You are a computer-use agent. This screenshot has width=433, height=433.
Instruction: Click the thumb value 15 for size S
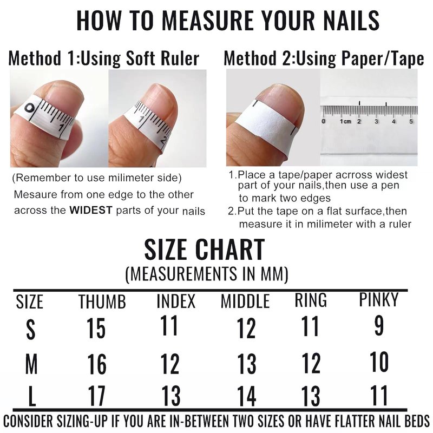(x=96, y=328)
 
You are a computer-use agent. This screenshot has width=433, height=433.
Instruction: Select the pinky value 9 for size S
(x=379, y=326)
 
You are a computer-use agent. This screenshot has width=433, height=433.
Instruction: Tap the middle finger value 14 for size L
(x=247, y=396)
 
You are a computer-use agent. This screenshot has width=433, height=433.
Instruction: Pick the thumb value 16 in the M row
(x=97, y=363)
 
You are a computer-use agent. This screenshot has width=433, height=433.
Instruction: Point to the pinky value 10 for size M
(x=379, y=362)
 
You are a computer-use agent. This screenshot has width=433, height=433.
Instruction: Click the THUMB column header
(x=102, y=301)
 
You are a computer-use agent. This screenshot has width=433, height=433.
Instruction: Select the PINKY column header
(x=378, y=299)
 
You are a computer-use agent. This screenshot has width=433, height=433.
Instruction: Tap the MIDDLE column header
(x=245, y=301)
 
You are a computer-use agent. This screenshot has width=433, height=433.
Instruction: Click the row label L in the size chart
(x=32, y=396)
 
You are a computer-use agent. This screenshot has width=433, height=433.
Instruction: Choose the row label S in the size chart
(x=31, y=329)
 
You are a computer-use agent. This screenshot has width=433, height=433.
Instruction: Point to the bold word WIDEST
(x=91, y=210)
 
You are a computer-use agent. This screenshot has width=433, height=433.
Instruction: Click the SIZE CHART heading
(x=205, y=250)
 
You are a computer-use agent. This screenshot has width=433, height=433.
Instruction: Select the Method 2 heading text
(x=324, y=58)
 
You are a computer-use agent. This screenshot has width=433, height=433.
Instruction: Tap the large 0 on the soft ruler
(x=29, y=108)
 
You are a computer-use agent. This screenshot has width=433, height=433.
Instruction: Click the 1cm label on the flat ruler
(x=345, y=121)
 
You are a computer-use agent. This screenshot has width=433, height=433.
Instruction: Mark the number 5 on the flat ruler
(x=411, y=121)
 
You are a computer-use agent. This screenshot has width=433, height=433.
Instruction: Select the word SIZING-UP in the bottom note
(x=82, y=422)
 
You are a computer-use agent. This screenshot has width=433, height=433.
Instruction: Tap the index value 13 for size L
(x=170, y=396)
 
